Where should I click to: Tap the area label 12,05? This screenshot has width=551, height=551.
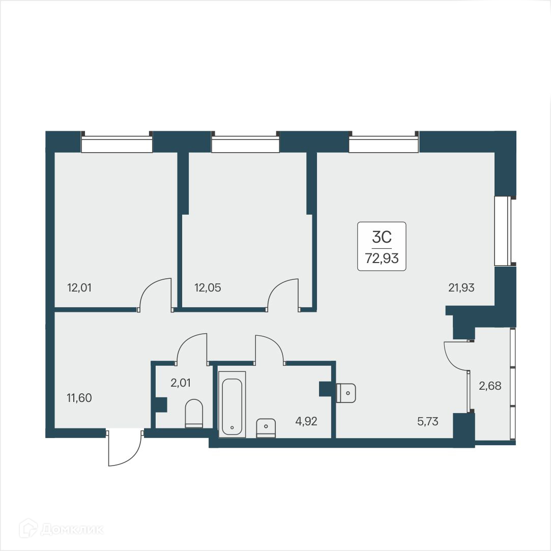click(x=207, y=287)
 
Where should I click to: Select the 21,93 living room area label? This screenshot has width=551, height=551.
click(x=461, y=287)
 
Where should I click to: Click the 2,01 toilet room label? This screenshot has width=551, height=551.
click(x=181, y=383)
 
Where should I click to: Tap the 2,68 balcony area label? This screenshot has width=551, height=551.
click(x=490, y=386)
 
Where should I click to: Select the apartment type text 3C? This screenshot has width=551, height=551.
click(x=382, y=237)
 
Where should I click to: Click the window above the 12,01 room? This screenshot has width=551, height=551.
click(x=117, y=144)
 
